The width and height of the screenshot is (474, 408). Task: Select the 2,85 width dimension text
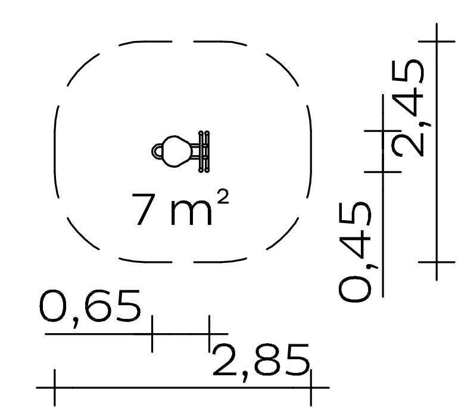[x=261, y=362]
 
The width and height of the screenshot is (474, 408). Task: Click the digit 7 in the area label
[x=144, y=209]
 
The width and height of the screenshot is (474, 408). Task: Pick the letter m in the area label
[x=191, y=212]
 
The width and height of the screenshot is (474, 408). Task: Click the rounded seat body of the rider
[x=176, y=151]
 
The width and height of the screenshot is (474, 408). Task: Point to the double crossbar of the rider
[x=204, y=151]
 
